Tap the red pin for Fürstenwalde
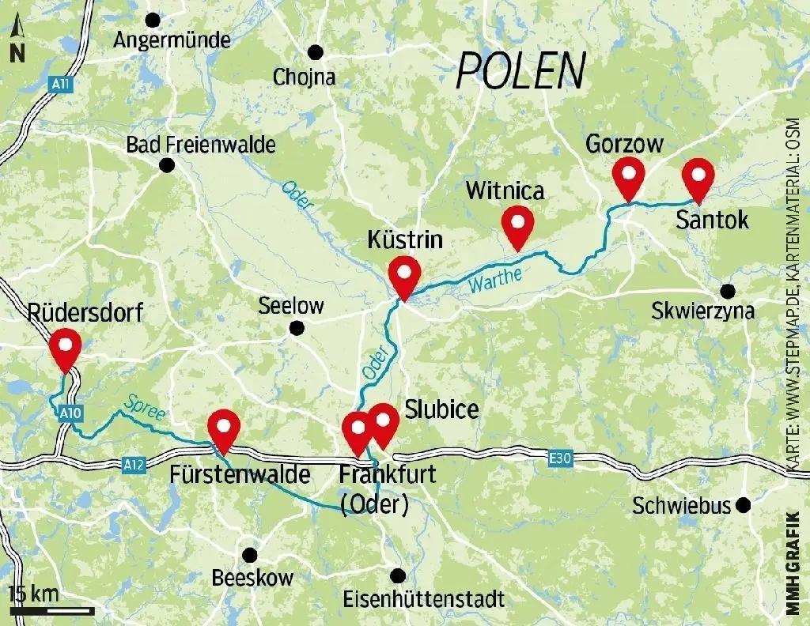coord(224,428)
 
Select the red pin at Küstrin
coord(404,276)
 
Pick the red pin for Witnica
coord(517,224)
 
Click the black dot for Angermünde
coord(153,19)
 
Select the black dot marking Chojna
coord(316,52)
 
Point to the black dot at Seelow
coord(296,328)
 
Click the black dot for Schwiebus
coord(743,504)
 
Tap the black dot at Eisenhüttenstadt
coord(398,575)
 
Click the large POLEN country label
coord(521,71)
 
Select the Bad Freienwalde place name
coord(201,145)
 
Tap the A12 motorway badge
coord(134,466)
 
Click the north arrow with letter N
coord(17,42)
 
